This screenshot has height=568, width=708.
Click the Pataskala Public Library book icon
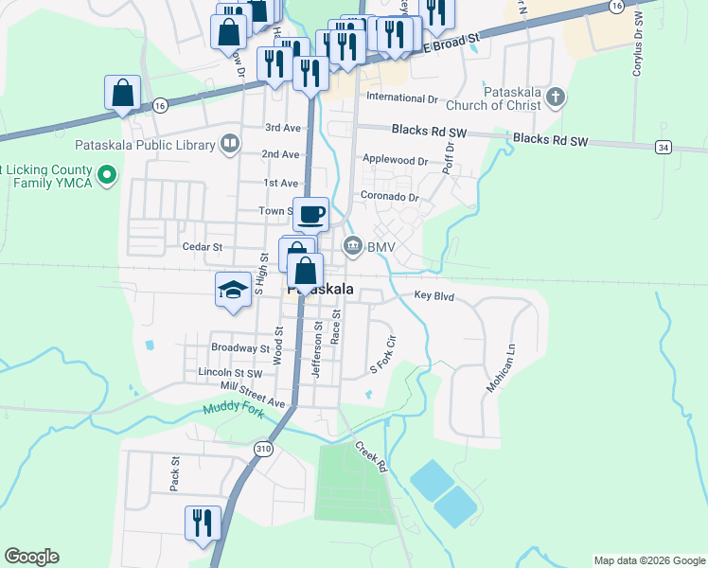[x=229, y=145]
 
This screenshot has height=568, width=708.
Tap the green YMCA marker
[x=107, y=174]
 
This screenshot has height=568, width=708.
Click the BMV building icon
[x=353, y=247]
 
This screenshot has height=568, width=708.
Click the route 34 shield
[x=663, y=147]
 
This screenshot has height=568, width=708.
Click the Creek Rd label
[x=370, y=456]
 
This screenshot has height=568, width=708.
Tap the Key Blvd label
[x=434, y=296]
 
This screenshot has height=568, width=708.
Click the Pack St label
[x=174, y=475]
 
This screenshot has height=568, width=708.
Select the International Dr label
[x=402, y=98]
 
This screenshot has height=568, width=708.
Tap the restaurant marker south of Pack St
[x=203, y=524]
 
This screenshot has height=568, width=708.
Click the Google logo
[x=31, y=557]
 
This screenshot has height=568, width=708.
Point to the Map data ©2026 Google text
[x=648, y=560]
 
